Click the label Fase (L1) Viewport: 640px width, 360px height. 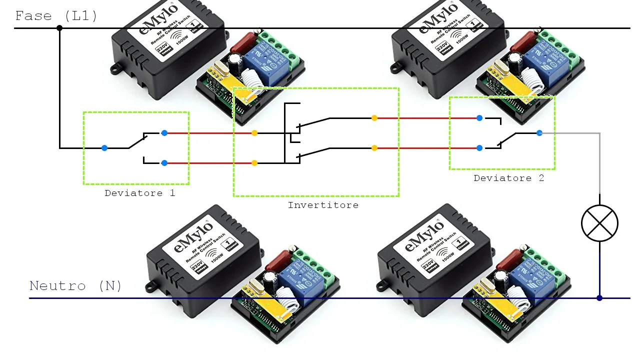[56, 16]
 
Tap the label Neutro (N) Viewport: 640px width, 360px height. [75, 286]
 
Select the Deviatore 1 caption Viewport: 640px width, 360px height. [139, 193]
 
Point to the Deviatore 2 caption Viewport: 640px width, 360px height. [508, 178]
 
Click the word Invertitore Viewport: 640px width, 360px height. [323, 205]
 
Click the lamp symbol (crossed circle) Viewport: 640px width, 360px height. [599, 223]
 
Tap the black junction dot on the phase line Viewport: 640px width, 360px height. [59, 28]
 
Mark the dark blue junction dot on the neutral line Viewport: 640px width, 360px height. [599, 298]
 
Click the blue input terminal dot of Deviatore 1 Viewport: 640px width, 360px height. [104, 148]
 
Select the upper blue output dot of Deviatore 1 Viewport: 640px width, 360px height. [164, 133]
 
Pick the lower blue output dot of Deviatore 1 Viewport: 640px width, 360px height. [164, 163]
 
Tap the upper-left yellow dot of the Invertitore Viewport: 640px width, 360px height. [254, 133]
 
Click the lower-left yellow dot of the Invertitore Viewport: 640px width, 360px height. [254, 163]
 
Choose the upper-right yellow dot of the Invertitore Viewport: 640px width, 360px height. [374, 118]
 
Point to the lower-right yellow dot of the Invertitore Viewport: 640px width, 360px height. [374, 148]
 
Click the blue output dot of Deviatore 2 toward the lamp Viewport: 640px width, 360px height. [539, 133]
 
